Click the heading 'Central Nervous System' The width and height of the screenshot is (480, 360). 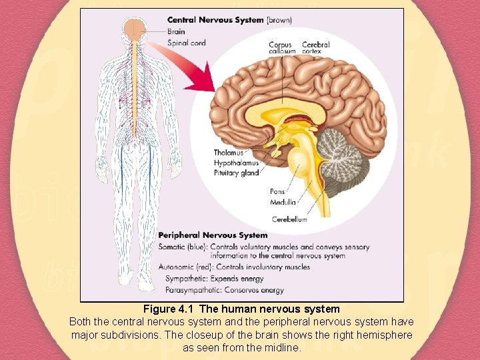point(215,20)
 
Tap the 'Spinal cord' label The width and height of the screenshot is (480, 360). point(187,43)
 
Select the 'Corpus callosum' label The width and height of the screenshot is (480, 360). point(281,48)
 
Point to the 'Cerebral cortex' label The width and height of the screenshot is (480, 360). point(315,48)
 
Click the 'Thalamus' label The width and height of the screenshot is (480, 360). point(229,153)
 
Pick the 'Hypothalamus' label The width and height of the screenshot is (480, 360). point(236,163)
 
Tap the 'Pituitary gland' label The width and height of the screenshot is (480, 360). point(236,173)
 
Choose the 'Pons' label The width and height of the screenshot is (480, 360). point(277,192)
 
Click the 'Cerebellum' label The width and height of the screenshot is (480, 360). point(289,219)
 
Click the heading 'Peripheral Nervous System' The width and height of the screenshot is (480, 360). point(213,235)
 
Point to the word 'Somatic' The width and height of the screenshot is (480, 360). point(172,247)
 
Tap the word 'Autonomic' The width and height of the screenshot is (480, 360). point(177,267)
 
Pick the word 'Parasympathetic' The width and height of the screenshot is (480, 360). point(192,290)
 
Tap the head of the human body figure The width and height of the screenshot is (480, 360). point(135,28)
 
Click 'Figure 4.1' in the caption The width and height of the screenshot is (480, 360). point(169,309)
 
